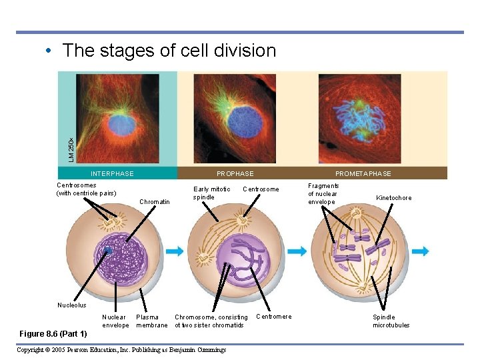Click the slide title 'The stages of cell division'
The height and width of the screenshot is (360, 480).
169,51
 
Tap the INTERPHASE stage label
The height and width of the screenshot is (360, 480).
112,174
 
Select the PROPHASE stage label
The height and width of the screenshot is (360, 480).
235,174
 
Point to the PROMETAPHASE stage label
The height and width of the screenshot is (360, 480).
363,174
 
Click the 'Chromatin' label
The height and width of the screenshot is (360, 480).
155,202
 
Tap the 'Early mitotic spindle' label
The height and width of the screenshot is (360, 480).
211,193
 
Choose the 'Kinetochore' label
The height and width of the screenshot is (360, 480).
394,198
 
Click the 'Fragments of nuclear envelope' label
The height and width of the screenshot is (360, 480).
323,194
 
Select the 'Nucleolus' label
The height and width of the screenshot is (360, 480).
71,305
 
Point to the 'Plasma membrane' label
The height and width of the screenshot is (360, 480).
151,321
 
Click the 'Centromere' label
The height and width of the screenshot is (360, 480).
274,317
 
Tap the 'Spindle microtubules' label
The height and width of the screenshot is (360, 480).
391,321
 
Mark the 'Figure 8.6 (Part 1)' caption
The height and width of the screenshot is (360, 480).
53,333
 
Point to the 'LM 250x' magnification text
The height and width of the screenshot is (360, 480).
71,148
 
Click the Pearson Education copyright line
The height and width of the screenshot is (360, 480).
121,350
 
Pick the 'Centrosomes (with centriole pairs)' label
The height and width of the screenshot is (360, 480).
86,189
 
